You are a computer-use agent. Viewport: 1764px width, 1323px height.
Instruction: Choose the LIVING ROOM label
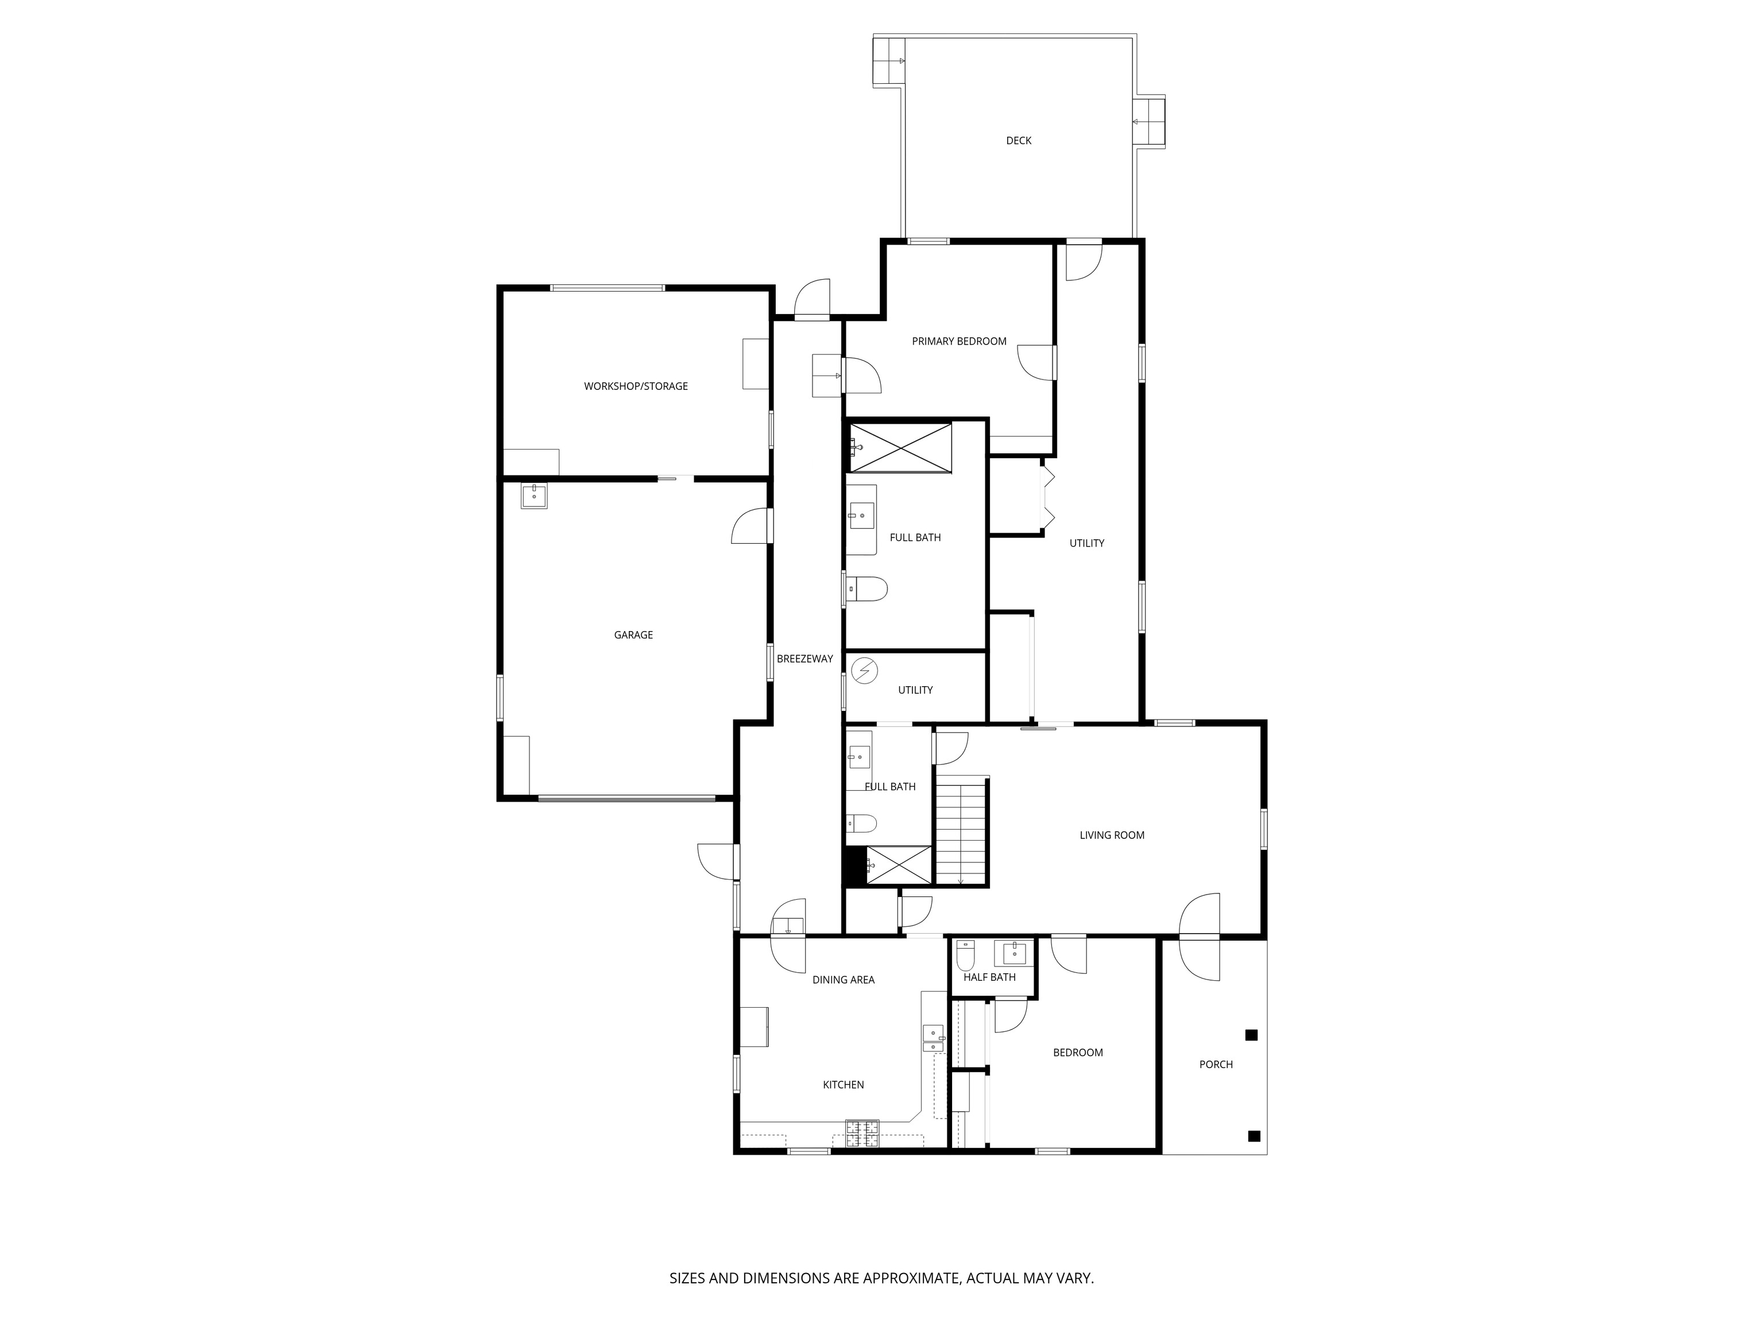pyautogui.click(x=1112, y=835)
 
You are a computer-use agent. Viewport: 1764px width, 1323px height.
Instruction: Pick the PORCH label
pyautogui.click(x=1216, y=1065)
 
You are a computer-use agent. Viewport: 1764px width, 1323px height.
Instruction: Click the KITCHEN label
pyautogui.click(x=843, y=1085)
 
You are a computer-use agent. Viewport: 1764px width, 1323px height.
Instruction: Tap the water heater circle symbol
pyautogui.click(x=864, y=671)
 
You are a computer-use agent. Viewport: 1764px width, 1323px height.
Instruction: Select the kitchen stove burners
pyautogui.click(x=862, y=1133)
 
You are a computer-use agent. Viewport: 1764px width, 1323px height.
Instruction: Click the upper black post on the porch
pyautogui.click(x=1251, y=1035)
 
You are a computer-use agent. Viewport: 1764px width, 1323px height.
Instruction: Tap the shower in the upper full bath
pyautogui.click(x=901, y=448)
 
